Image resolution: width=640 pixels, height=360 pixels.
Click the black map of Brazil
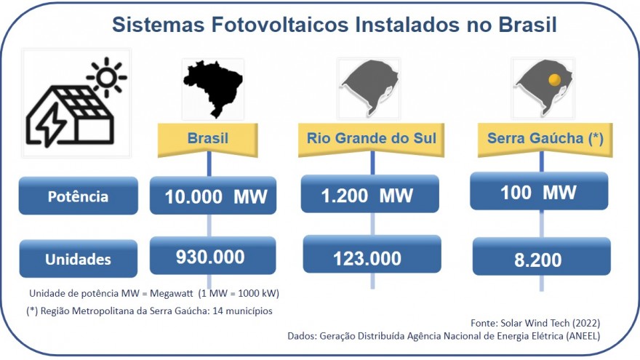213,88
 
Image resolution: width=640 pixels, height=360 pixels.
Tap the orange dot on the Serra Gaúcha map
554,79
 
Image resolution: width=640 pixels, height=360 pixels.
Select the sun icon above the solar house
107,77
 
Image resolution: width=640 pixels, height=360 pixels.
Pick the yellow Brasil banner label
208,139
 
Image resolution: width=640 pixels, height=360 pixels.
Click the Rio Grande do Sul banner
371,139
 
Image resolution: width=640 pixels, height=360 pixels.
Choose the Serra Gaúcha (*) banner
545,139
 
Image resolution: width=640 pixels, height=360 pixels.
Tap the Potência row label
79,196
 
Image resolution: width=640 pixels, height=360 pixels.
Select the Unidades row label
79,259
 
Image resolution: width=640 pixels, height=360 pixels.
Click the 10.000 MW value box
213,196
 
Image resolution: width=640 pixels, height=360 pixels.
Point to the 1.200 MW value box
369,194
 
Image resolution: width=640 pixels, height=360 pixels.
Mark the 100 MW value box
539,191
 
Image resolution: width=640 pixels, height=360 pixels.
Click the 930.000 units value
212,255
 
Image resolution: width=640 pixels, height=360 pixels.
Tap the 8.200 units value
542,257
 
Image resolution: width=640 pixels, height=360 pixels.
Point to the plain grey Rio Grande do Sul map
369,88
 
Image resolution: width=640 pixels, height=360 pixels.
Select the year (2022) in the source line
586,323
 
